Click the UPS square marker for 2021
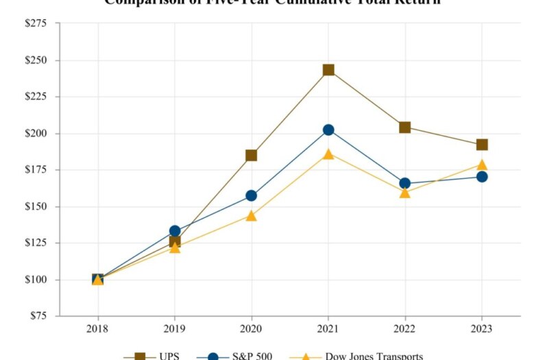328,70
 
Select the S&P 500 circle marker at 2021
328,130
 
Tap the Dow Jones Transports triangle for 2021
328,154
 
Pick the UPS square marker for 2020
252,155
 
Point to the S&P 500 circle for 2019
175,231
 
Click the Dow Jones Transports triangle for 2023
482,165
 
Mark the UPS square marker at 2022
405,127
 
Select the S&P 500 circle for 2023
482,176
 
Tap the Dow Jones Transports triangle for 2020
252,216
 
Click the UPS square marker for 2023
482,145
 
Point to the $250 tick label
36,60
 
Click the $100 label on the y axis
36,280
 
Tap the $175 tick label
36,170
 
